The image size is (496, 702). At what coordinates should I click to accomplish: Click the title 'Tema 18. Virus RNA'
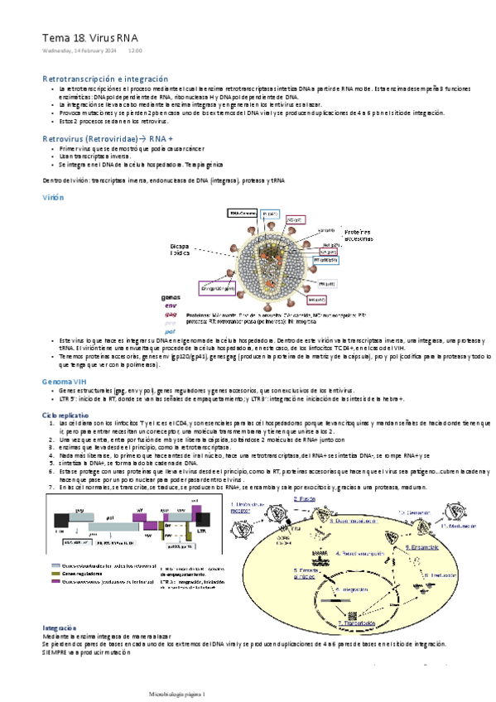coord(91,38)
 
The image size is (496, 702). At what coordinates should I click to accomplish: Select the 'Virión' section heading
coord(52,199)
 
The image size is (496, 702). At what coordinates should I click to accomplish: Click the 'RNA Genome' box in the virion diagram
coord(241,213)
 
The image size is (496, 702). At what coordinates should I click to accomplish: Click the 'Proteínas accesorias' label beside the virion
coord(360,235)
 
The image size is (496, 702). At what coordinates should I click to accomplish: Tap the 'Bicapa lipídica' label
coord(180,250)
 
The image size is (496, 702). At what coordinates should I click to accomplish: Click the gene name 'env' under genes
coord(171,305)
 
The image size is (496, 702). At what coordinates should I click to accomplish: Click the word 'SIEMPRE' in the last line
coord(56,652)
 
